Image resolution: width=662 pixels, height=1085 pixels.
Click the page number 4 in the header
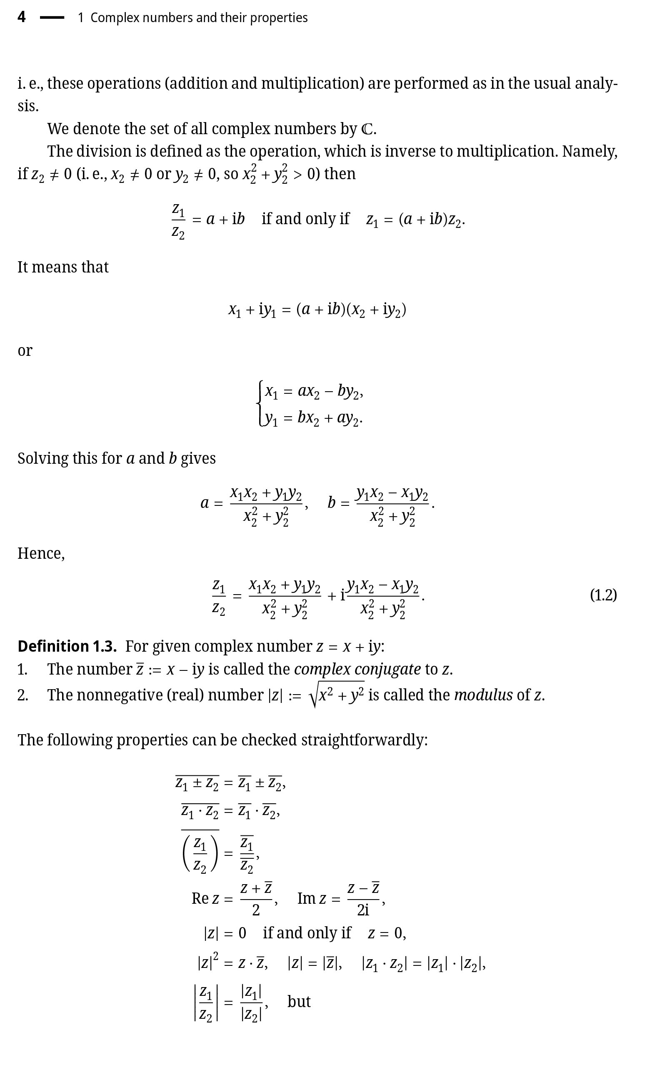tap(22, 17)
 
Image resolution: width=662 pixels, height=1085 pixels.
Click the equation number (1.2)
tap(603, 595)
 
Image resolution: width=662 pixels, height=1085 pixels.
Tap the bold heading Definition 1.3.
tap(67, 646)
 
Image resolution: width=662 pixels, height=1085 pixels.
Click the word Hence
tap(40, 553)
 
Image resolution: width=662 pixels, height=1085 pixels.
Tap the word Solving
tap(42, 458)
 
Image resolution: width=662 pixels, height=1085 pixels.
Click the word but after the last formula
tap(299, 1001)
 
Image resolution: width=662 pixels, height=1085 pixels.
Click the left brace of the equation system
tap(260, 403)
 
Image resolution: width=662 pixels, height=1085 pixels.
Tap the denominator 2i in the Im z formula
tap(363, 910)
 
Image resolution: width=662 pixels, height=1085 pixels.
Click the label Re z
tap(205, 898)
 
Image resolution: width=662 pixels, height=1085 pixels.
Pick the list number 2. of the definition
tap(23, 695)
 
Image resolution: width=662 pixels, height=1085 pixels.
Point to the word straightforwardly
tap(364, 740)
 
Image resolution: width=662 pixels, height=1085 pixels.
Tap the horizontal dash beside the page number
tap(52, 17)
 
